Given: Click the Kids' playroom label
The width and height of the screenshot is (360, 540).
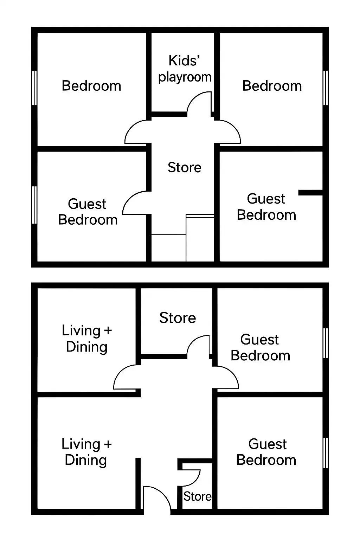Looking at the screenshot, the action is click(185, 69).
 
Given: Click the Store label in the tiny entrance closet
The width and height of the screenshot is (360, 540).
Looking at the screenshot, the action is click(197, 496).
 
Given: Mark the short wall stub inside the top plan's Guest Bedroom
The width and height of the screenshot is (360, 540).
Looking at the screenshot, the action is click(310, 192).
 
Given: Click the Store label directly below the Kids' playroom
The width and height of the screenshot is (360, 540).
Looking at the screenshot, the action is click(185, 167).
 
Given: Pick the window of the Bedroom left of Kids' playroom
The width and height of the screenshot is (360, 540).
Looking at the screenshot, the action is click(34, 88).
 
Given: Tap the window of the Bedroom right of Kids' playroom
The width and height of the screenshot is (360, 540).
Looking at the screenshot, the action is click(326, 88).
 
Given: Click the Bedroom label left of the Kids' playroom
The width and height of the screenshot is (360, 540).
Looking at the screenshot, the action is click(91, 86).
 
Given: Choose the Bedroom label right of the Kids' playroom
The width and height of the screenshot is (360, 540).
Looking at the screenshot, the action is click(272, 86).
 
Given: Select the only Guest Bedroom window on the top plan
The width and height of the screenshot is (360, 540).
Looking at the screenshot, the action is click(34, 205).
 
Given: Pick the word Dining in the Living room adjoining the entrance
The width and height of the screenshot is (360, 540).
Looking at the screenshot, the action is click(86, 460).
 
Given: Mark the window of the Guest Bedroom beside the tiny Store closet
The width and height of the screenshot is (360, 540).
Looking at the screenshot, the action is click(326, 453).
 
